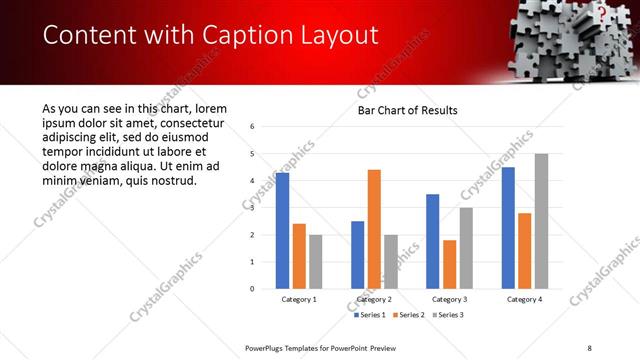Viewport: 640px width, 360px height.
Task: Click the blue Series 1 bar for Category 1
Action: click(282, 231)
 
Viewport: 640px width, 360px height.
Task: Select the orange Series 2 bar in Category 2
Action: click(374, 229)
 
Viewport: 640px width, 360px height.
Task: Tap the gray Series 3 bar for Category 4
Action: click(541, 221)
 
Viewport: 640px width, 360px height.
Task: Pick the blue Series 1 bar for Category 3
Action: click(432, 241)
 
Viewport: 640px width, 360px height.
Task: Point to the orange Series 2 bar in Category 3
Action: click(449, 264)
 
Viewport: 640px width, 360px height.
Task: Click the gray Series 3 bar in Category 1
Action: click(316, 262)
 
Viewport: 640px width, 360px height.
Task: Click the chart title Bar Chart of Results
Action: click(408, 110)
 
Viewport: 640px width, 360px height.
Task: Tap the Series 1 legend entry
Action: click(370, 315)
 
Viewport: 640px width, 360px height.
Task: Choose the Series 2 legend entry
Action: click(408, 315)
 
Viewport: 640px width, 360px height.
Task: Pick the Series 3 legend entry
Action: click(446, 315)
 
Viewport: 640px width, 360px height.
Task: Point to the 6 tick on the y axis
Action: click(253, 127)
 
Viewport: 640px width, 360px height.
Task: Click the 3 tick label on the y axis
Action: click(253, 208)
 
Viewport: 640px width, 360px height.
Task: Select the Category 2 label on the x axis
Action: click(374, 299)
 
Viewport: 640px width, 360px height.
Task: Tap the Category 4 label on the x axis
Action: click(524, 299)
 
